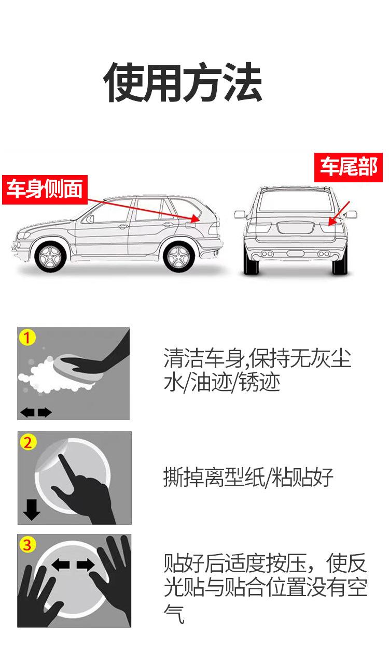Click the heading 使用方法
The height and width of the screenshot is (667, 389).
(183, 82)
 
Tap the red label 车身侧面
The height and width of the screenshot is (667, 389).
(45, 190)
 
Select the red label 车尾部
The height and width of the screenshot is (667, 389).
(349, 167)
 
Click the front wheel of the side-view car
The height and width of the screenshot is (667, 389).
(50, 257)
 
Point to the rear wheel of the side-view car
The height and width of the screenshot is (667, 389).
(178, 257)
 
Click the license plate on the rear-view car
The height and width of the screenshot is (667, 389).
(295, 228)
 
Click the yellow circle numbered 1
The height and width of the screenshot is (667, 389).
(27, 337)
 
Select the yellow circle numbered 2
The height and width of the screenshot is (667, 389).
(27, 442)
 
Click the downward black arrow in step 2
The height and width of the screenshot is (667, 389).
(32, 510)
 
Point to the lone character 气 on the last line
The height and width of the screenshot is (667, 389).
(174, 614)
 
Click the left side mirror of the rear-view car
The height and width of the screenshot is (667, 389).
(240, 214)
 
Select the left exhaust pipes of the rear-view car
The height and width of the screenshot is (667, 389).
(267, 254)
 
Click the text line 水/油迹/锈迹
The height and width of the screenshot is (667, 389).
(221, 382)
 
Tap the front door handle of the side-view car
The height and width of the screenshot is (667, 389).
(122, 227)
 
